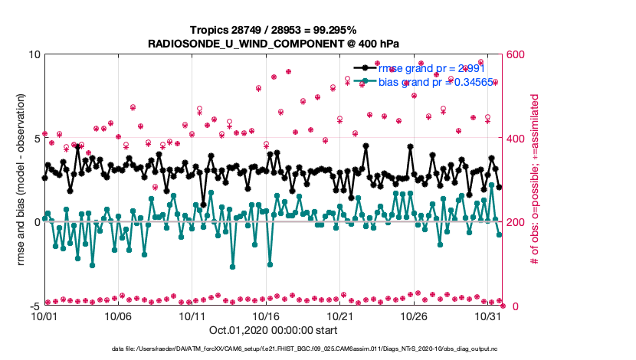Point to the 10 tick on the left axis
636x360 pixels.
pyautogui.click(x=34, y=55)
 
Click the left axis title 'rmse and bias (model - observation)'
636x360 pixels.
pyautogui.click(x=21, y=180)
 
